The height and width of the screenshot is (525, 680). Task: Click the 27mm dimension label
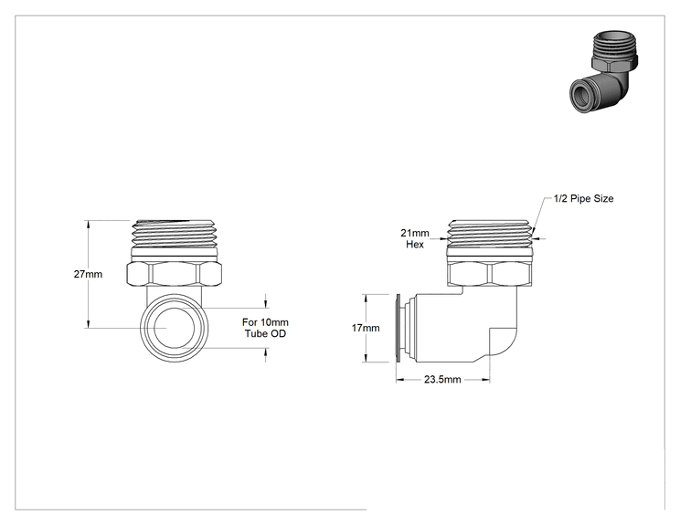88,274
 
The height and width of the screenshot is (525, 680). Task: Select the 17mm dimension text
366,328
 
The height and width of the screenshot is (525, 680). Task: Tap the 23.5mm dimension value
442,380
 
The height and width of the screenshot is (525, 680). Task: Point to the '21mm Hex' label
415,238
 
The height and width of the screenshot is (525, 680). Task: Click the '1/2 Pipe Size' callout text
584,198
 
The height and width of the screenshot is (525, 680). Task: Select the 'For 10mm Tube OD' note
265,328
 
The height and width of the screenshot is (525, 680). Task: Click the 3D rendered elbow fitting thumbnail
604,71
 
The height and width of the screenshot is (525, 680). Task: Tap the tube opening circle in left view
174,328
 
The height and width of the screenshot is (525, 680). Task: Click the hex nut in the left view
175,274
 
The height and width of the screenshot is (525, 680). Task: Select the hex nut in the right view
489,274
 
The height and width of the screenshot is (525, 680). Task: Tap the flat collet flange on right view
398,328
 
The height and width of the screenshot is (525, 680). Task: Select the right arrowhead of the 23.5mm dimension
485,380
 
